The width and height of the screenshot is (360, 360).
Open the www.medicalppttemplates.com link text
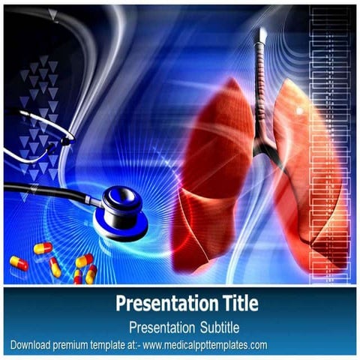click(205, 345)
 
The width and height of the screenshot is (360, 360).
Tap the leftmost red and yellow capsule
click(19, 263)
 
